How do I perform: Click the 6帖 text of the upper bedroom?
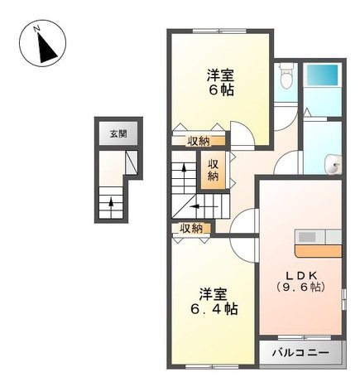pyautogui.click(x=220, y=90)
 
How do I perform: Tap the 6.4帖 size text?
pyautogui.click(x=218, y=308)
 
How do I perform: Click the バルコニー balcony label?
pyautogui.click(x=300, y=352)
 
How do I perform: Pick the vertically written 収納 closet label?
pyautogui.click(x=213, y=169)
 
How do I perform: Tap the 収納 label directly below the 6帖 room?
pyautogui.click(x=198, y=142)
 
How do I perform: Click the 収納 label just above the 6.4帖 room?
pyautogui.click(x=192, y=228)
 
